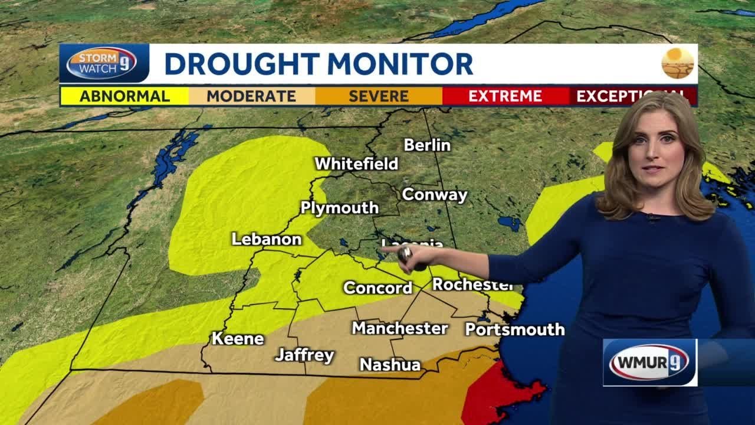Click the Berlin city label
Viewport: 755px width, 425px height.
click(427, 145)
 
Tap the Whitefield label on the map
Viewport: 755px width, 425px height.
click(356, 164)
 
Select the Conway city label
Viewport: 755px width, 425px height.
click(434, 194)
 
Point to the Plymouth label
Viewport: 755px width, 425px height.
click(339, 208)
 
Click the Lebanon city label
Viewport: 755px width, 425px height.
click(266, 239)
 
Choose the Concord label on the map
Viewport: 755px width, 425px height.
click(377, 288)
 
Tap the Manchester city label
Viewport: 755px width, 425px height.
click(400, 328)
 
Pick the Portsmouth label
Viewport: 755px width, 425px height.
click(514, 329)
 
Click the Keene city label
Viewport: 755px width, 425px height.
click(238, 339)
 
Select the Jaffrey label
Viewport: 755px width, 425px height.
click(304, 355)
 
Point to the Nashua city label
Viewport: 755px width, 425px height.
click(390, 365)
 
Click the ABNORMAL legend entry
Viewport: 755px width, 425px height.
click(124, 96)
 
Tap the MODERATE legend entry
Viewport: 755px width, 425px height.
click(251, 96)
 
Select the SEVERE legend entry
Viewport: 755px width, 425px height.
click(379, 96)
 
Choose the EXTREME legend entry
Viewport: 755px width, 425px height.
click(505, 96)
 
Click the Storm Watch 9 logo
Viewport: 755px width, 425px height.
click(101, 63)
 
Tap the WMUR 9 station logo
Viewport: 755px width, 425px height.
click(649, 362)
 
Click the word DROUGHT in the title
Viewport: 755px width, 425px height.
click(242, 64)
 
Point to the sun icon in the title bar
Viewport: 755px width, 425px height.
click(677, 63)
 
